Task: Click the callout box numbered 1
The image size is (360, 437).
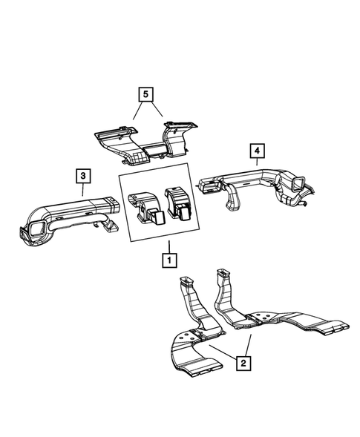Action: point(170,260)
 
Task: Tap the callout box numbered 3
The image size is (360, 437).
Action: point(83,176)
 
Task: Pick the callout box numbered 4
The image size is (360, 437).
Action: point(256,152)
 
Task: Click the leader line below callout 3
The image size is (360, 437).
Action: point(83,191)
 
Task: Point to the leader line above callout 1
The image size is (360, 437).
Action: point(170,246)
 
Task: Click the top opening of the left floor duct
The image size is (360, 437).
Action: point(187,280)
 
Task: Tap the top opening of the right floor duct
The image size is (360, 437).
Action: point(223,273)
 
